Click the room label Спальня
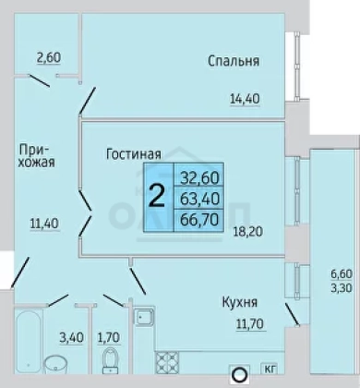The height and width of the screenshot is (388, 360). [x=234, y=61]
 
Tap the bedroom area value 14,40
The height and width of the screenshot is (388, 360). [x=245, y=99]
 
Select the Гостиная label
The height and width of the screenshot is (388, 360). [x=134, y=154]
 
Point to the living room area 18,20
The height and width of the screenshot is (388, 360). [x=248, y=231]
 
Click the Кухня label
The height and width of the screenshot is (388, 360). [x=240, y=302]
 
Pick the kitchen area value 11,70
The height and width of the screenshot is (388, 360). [x=250, y=323]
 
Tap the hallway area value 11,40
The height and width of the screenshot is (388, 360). [x=44, y=224]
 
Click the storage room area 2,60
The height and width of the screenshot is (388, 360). [x=49, y=57]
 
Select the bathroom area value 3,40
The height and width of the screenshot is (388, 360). [x=71, y=337]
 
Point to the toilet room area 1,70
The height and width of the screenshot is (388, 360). [x=109, y=337]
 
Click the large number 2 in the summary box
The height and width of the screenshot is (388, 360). [x=157, y=197]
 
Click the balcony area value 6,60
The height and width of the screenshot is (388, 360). [x=342, y=273]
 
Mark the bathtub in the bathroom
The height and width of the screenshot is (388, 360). [x=29, y=342]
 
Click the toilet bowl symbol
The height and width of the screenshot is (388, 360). [x=111, y=360]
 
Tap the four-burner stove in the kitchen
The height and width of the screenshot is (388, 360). [x=167, y=362]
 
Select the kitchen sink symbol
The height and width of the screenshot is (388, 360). [x=144, y=317]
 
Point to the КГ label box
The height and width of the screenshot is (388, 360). [x=269, y=369]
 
